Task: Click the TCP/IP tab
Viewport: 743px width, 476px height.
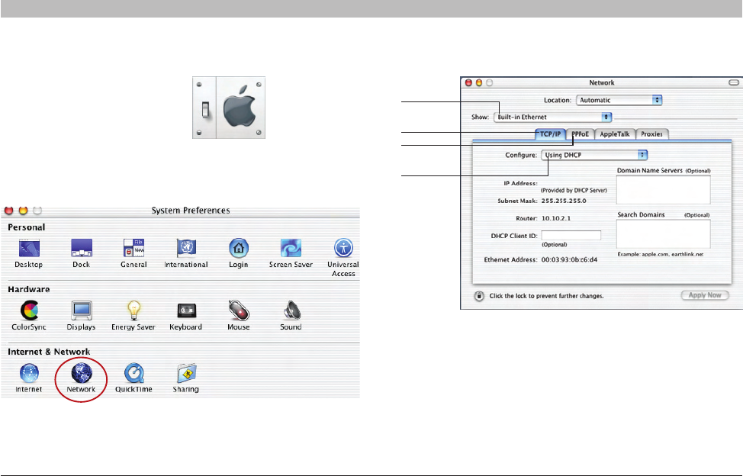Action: [551, 134]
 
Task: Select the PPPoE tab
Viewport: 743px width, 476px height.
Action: [581, 134]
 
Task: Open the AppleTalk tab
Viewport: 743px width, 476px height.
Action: [614, 134]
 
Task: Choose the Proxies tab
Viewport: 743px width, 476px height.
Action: [651, 134]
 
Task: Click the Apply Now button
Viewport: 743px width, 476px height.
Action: [704, 295]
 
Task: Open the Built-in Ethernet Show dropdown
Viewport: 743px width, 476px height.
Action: [552, 117]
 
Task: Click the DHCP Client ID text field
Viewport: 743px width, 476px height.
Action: [571, 236]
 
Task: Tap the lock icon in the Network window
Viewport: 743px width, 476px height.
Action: [478, 295]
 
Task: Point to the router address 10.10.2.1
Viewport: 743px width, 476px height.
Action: [557, 217]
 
